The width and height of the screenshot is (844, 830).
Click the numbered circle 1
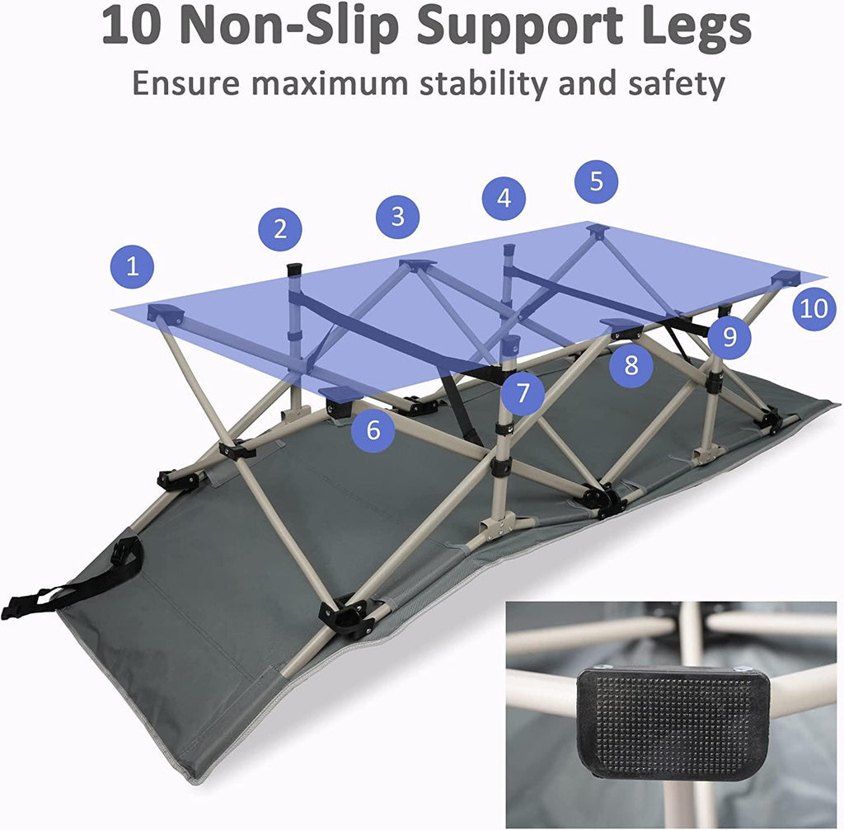point(133,266)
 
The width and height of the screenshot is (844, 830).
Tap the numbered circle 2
point(280,229)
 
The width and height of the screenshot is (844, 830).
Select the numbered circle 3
point(398,217)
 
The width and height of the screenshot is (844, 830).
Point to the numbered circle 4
point(504,198)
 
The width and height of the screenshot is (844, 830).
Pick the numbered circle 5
point(597,181)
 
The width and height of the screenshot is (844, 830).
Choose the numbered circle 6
point(373,430)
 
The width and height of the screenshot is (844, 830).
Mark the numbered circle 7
point(523,393)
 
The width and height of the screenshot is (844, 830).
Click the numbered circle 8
point(631,365)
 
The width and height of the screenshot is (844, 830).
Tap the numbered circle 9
point(729,337)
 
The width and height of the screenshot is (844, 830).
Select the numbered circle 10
point(814,308)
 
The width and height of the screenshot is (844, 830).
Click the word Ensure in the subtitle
point(186,83)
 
